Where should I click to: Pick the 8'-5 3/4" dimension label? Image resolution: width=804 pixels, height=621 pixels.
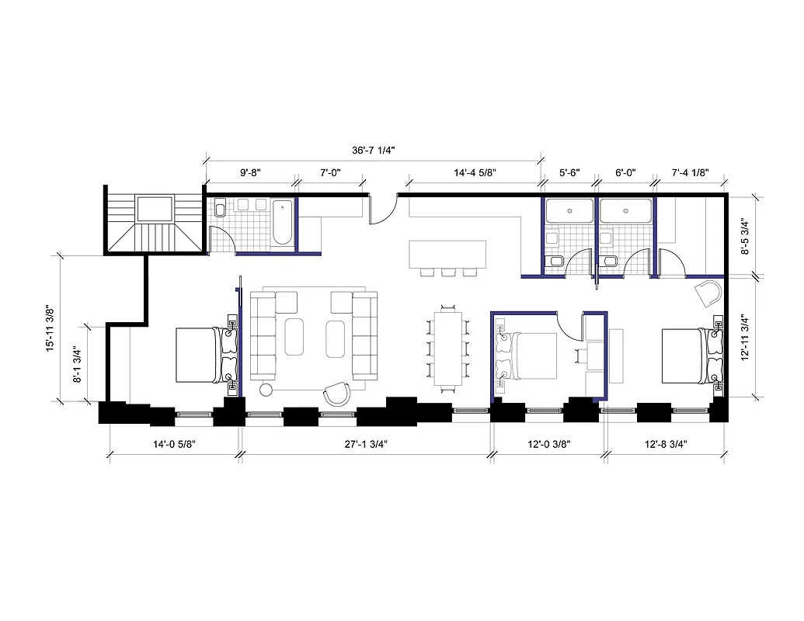[746, 236]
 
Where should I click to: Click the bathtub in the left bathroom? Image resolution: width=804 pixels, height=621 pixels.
[283, 223]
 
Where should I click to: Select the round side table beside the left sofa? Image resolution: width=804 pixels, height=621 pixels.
[266, 389]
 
